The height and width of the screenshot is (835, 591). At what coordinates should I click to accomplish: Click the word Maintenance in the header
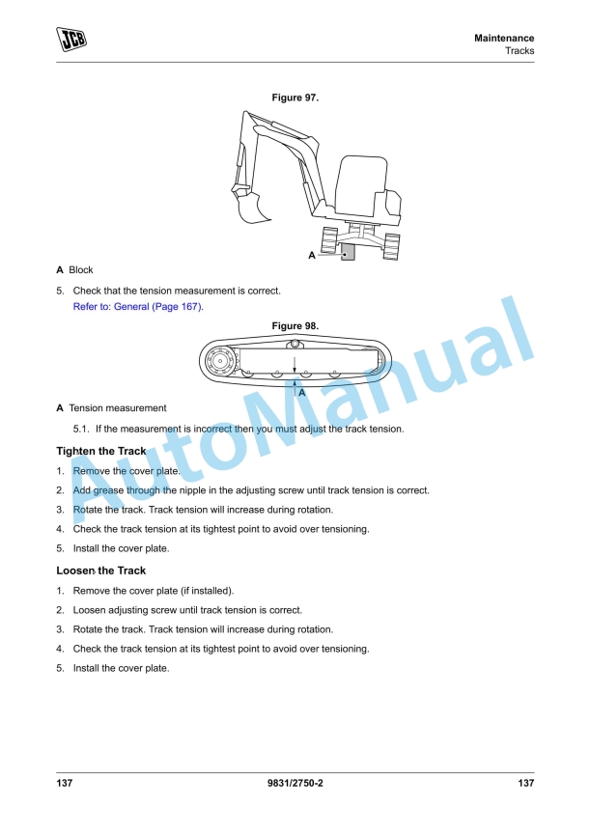coord(504,38)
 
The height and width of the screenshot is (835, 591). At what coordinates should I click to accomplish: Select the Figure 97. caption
coord(295,97)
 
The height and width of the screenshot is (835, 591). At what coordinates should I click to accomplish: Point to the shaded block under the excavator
coord(348,252)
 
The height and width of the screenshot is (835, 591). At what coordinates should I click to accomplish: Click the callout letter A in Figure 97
coord(312,256)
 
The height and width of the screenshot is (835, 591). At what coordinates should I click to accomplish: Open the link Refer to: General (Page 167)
coord(139,307)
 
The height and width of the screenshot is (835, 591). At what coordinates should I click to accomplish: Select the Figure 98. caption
coord(295,326)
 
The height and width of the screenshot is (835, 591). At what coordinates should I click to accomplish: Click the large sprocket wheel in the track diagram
coord(219,363)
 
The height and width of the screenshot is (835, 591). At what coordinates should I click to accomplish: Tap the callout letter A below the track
coord(302,393)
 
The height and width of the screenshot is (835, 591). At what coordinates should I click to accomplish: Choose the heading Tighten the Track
coord(101,452)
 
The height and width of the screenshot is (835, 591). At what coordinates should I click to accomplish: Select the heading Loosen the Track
coord(101,571)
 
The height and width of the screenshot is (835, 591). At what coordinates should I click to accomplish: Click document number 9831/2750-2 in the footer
coord(295,783)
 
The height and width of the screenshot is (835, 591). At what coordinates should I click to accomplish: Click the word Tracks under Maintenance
coord(520,51)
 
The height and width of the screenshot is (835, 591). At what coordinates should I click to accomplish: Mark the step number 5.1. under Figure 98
coord(81,429)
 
